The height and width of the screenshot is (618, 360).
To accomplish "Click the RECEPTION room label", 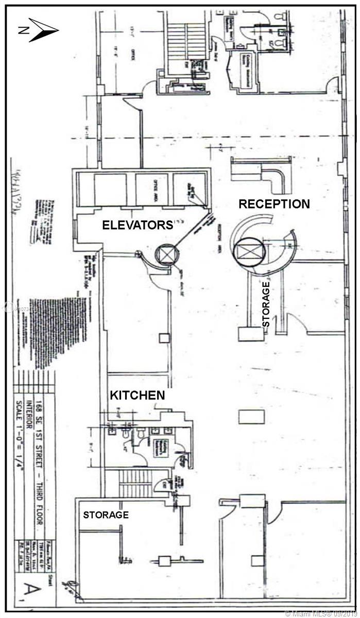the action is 274,204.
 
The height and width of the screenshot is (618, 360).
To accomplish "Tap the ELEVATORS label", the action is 137,225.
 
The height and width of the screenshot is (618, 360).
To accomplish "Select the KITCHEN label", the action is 138,396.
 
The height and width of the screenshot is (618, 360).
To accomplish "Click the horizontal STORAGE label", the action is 106,514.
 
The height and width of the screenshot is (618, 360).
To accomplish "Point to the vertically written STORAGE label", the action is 266,304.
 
